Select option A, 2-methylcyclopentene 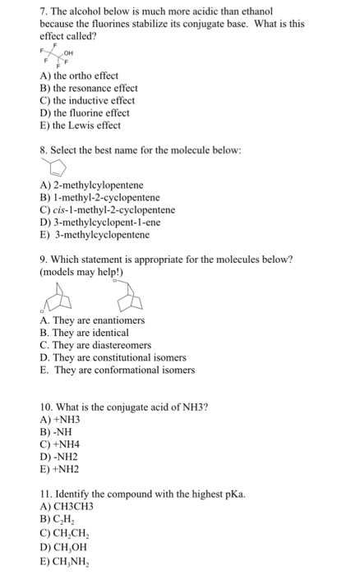point(91,185)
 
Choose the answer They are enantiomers point(91,320)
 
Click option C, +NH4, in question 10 point(60,444)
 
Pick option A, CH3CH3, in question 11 point(67,507)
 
